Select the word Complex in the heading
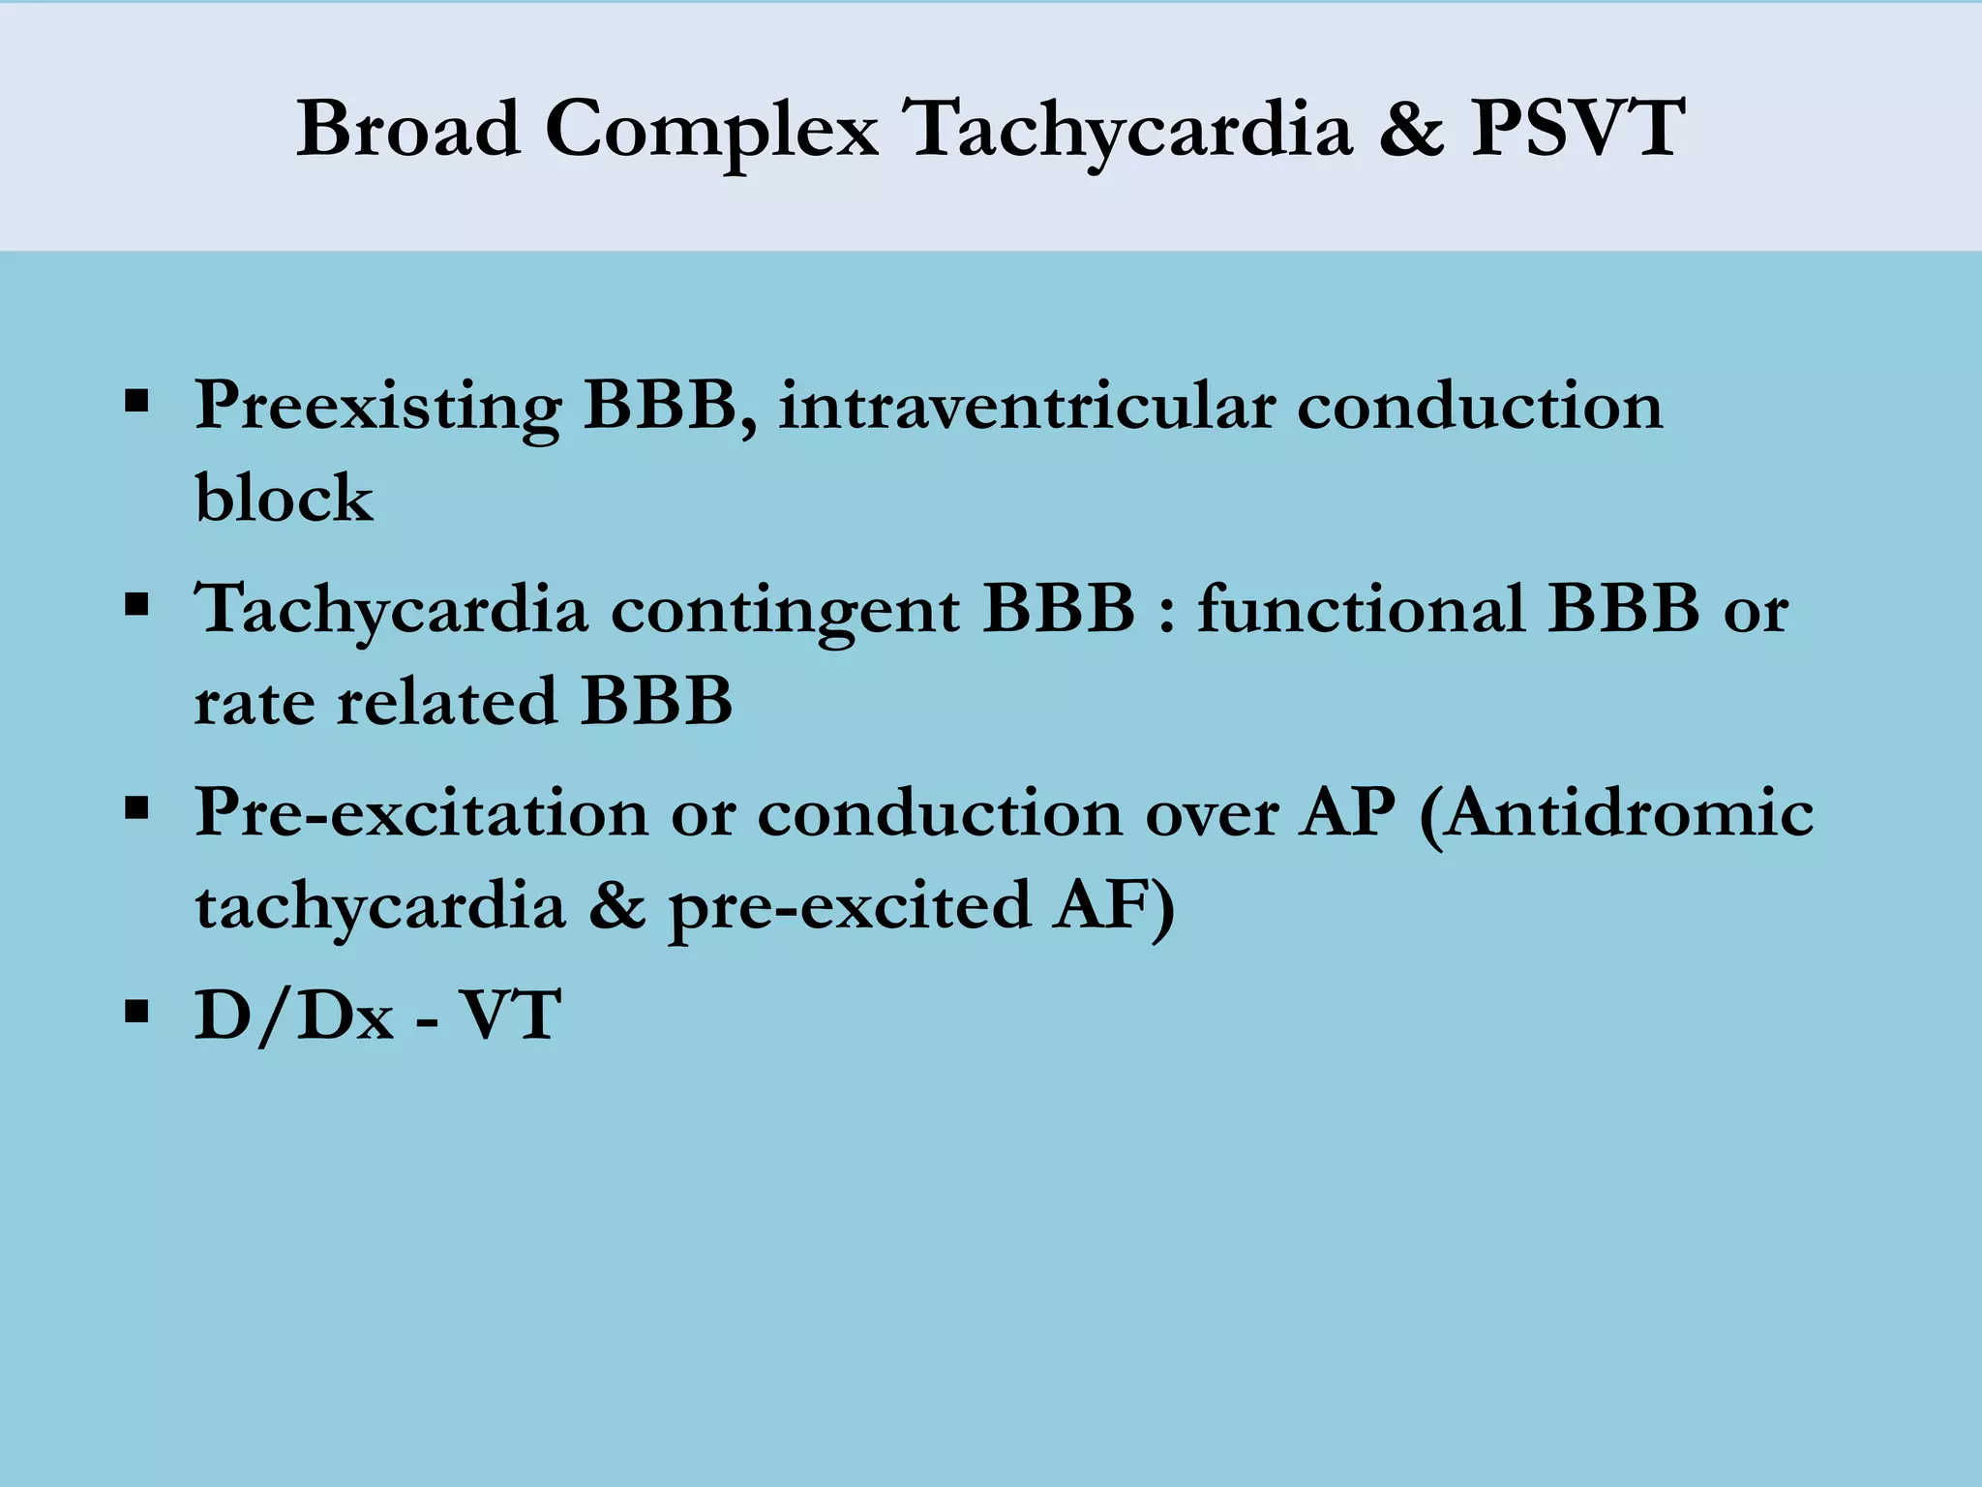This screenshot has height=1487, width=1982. click(x=711, y=131)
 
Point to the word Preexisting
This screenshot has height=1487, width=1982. click(x=377, y=407)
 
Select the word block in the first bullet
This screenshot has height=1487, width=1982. click(x=284, y=499)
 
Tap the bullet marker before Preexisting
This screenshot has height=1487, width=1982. click(x=136, y=400)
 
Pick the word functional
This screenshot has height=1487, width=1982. click(x=1360, y=610)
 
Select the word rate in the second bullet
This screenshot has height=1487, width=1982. click(x=254, y=702)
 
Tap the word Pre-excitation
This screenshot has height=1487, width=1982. click(x=421, y=813)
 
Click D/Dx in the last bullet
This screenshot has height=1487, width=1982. click(x=294, y=1017)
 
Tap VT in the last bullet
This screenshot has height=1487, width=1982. click(x=509, y=1017)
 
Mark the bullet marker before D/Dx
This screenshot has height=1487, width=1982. click(x=136, y=1013)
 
